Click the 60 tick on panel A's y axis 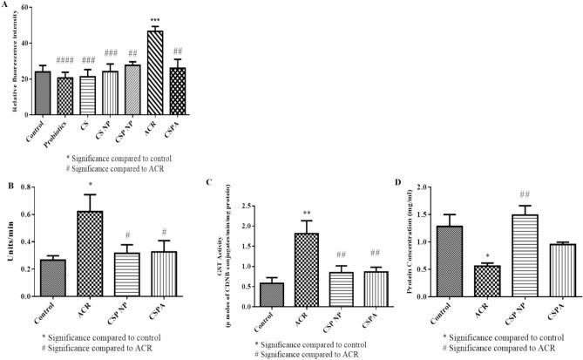pyautogui.click(x=23, y=8)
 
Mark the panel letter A pyautogui.click(x=7, y=6)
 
